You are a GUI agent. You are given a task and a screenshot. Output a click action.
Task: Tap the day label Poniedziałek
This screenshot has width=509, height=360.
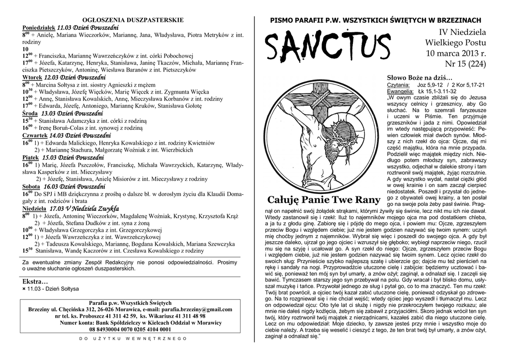pos(39,27)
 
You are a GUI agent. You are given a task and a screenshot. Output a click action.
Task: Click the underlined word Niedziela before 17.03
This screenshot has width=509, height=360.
pos(34,209)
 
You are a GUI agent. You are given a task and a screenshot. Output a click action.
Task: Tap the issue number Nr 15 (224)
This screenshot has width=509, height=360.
pos(466,64)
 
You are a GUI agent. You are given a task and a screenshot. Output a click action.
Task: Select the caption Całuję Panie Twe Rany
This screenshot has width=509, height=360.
pos(324,200)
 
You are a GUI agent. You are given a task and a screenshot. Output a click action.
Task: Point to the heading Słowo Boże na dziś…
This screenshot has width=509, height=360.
pos(420,78)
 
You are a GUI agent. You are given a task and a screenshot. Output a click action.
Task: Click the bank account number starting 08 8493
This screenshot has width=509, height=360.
pos(130,329)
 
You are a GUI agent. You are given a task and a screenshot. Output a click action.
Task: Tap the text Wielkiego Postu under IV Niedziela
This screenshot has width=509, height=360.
pos(457,43)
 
